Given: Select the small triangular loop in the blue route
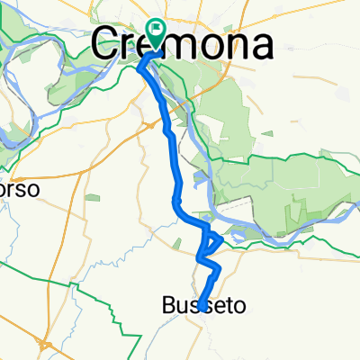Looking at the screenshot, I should (x=212, y=240).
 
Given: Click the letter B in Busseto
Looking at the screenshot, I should (x=170, y=306).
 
